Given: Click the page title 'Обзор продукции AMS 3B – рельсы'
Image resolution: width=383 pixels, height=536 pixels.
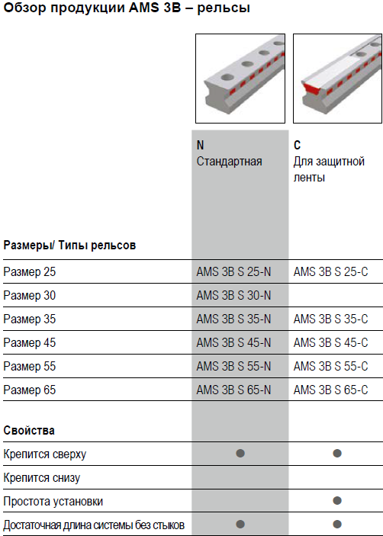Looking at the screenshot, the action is pos(127,8).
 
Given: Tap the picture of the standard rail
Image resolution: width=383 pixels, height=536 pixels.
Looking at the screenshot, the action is pos(240,79).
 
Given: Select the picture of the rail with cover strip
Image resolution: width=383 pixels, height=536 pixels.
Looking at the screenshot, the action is pos(337,79).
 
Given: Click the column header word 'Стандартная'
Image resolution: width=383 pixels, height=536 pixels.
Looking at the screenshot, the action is pos(229,162).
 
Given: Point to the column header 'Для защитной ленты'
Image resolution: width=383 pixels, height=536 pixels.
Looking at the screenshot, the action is pos(329,169).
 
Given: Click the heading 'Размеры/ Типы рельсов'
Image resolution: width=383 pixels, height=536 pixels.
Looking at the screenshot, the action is pos(69,245).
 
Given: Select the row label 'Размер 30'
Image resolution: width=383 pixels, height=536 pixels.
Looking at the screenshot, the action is pos(30,295).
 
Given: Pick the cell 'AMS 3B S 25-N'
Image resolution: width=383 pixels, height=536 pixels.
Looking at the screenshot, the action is pos(233,271).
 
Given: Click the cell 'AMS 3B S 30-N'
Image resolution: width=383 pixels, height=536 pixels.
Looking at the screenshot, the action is pos(233,295).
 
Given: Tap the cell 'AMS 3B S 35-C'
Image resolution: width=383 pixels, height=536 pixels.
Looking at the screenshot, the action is pos(330,319).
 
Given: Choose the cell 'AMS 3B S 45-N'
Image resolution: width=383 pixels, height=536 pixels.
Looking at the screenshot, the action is pos(233,342).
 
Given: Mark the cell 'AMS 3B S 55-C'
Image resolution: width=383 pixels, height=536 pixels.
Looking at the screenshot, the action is pos(330,366).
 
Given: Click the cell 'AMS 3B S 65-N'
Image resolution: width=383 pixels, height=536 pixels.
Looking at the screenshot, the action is pos(233,390).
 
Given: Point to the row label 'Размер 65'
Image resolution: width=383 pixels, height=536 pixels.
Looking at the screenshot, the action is pos(30,390).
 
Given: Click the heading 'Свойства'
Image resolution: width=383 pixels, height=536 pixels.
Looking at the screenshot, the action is pos(29,430).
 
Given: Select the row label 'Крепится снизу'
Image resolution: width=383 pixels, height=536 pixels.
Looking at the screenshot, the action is pos(42,477).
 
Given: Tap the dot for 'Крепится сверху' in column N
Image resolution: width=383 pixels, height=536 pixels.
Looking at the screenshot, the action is pos(240,454).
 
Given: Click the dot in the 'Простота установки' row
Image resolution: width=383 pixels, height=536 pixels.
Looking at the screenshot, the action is pos(337,500).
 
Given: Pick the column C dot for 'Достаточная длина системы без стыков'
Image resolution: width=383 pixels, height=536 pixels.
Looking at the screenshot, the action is pos(337,524).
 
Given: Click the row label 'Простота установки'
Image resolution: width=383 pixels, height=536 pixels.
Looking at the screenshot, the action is pos(53,501).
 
